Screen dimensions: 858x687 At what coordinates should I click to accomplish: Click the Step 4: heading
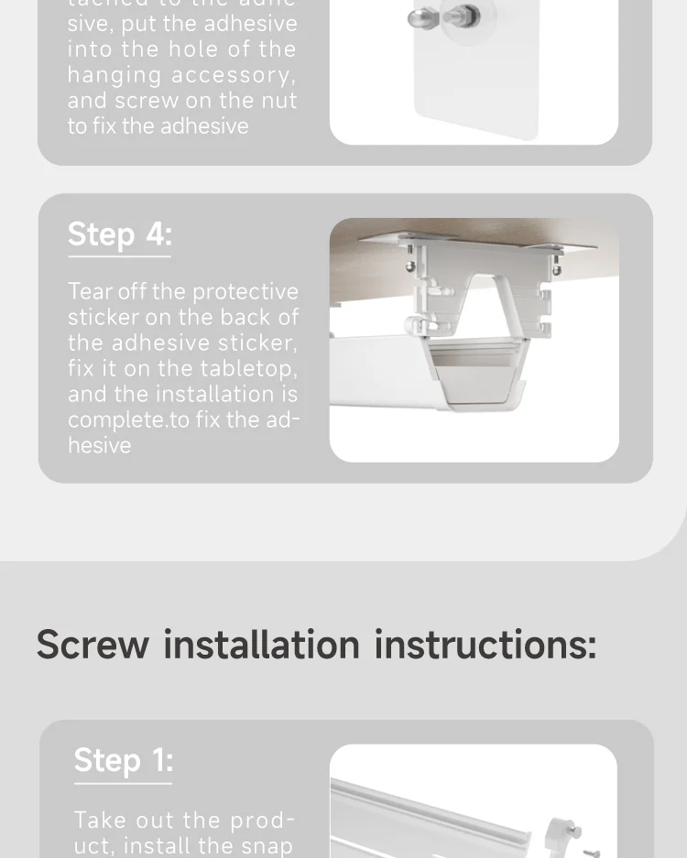(119, 234)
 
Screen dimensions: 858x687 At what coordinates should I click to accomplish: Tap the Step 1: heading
(123, 760)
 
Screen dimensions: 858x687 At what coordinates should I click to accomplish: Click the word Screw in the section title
(93, 644)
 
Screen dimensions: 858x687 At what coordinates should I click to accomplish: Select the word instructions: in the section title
(485, 644)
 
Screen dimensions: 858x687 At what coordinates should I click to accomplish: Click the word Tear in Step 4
(89, 291)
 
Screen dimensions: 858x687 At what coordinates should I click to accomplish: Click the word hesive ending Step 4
(99, 445)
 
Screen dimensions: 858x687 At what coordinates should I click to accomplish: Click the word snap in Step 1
(267, 845)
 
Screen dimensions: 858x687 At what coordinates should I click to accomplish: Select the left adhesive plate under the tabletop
(394, 238)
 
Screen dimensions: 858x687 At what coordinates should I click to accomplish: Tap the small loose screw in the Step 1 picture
(590, 852)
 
